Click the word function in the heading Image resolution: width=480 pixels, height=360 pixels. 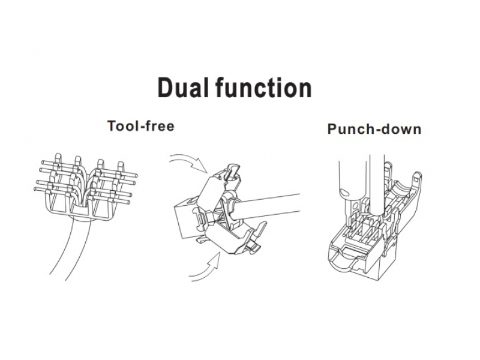263,88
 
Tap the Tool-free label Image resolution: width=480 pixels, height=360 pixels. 141,126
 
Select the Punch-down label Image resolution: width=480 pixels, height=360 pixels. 374,129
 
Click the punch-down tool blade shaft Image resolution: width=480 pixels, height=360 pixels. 377,184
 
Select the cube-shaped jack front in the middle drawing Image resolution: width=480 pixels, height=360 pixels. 186,220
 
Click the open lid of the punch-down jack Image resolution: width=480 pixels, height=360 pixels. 404,196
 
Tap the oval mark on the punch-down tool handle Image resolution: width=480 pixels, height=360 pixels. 344,192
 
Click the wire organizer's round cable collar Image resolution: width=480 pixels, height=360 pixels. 81,214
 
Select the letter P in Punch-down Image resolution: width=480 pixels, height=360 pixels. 332,129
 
